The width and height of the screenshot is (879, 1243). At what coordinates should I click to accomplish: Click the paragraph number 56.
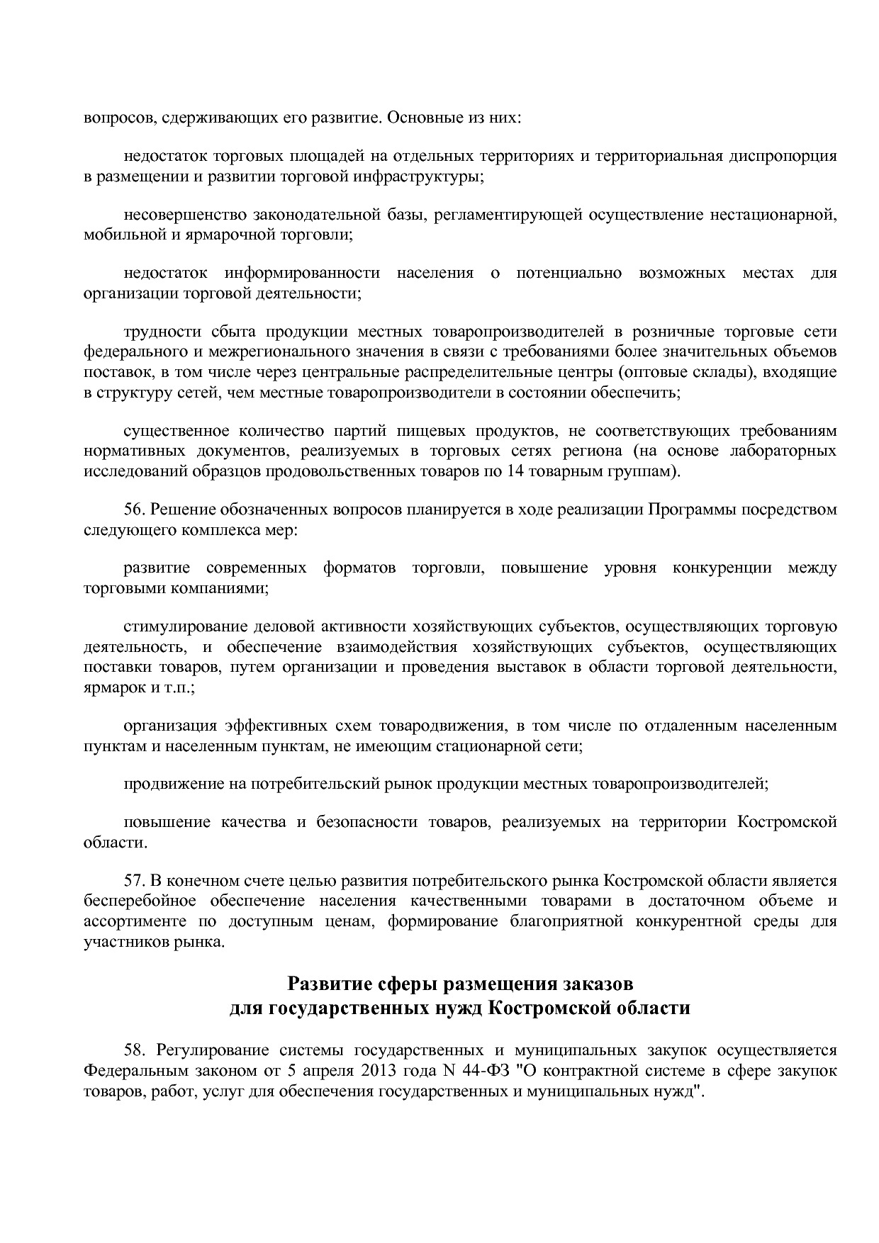click(133, 510)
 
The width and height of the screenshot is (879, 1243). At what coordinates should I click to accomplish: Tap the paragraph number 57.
click(133, 881)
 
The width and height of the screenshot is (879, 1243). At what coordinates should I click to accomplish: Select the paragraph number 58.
click(133, 1050)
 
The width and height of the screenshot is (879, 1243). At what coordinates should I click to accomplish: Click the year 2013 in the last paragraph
click(383, 1071)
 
